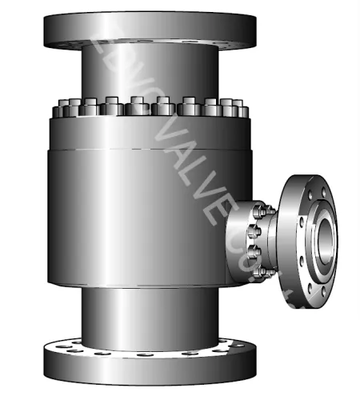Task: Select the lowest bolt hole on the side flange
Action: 306,285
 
